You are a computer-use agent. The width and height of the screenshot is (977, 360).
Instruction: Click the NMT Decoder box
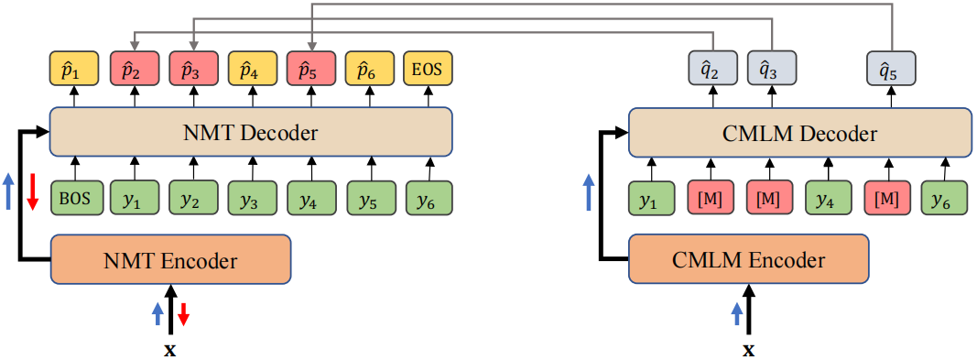(x=250, y=133)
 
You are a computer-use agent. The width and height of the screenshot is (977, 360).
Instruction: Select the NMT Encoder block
(x=170, y=260)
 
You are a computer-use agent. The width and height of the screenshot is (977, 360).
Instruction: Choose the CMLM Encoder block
(x=749, y=260)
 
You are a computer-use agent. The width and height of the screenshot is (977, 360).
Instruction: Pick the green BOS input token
(x=76, y=198)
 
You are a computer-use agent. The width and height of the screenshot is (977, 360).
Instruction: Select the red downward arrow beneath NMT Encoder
(x=183, y=314)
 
